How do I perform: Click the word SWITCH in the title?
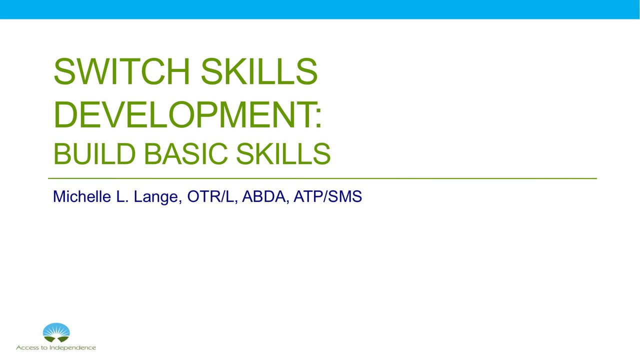tap(122, 72)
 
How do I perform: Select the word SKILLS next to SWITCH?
tap(259, 72)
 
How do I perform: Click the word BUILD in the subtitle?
tap(94, 154)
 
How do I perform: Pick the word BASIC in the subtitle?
tap(189, 154)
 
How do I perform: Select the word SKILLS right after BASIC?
tap(283, 154)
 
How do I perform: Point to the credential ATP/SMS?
tap(327, 196)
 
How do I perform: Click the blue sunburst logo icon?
tap(56, 332)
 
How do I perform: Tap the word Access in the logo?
tap(27, 347)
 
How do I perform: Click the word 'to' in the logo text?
tap(44, 347)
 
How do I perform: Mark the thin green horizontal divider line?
tap(322, 178)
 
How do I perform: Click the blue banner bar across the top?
tap(320, 9)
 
